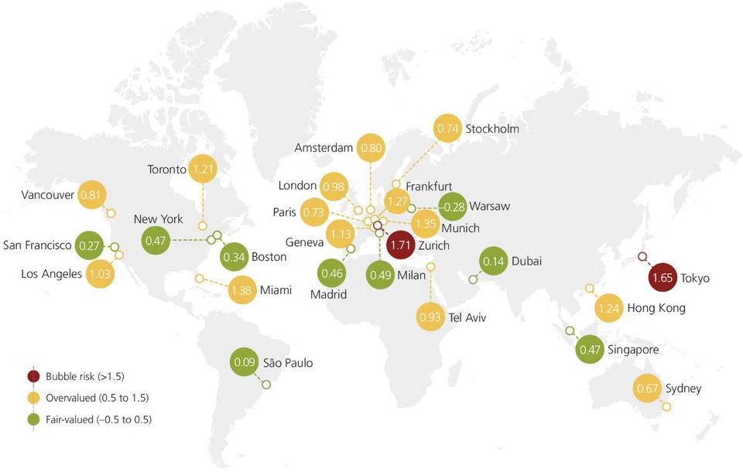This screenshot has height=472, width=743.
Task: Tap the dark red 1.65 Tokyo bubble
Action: coord(663,278)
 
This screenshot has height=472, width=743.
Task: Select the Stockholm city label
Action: coord(492,128)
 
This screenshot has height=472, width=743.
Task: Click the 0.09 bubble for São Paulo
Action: coord(245,361)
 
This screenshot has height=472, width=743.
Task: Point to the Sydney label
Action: coord(683,388)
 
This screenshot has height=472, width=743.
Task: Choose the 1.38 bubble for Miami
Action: coord(243,290)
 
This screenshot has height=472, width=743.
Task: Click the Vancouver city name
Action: coord(48,194)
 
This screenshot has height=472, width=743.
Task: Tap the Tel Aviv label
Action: coord(467,317)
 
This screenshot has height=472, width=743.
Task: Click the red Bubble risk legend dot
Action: coord(33,377)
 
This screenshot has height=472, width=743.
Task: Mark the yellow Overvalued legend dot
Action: coord(33,398)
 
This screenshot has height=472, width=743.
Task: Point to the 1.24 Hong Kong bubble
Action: coord(610,309)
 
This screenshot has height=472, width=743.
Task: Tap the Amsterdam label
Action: coord(324,147)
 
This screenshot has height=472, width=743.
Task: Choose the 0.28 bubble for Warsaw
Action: coord(453,207)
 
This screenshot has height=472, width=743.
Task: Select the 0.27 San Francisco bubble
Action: coord(91,246)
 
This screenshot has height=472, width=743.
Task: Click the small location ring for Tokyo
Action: coord(642,258)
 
